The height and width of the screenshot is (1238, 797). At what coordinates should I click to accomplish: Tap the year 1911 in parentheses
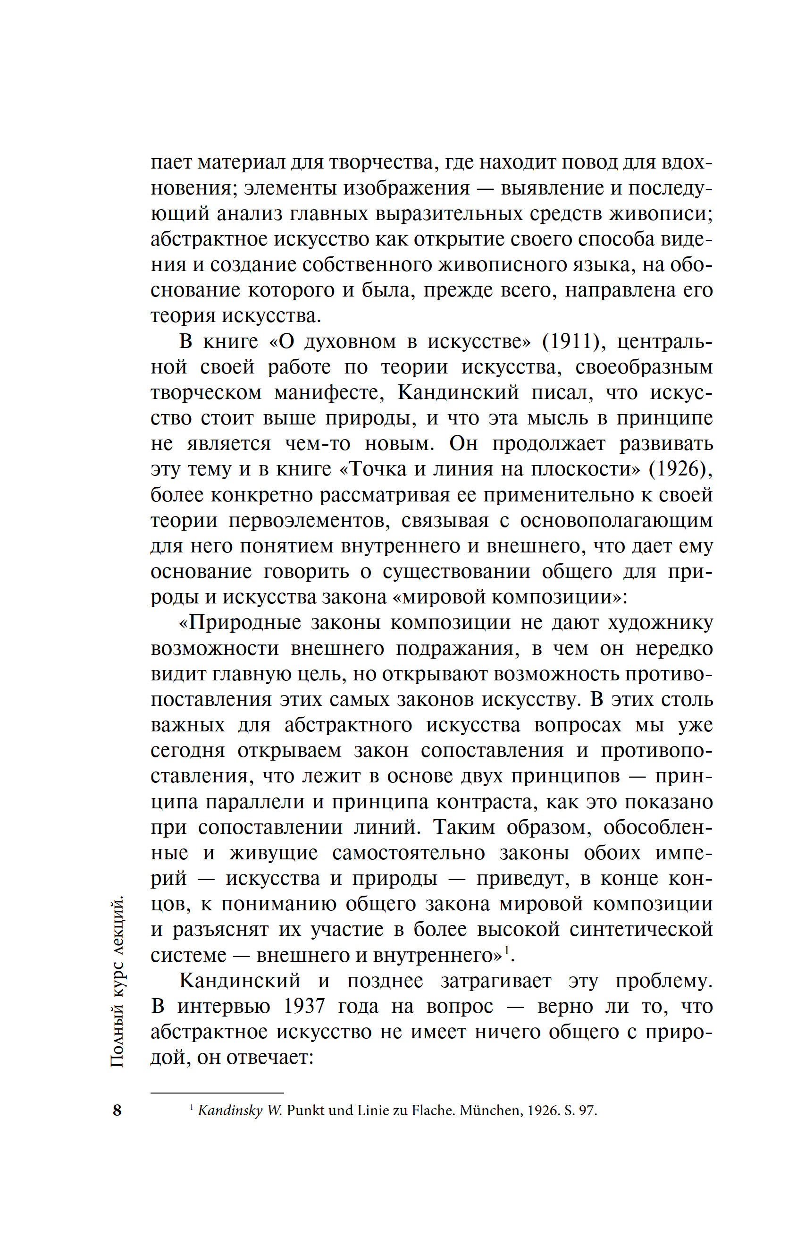[x=567, y=341]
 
